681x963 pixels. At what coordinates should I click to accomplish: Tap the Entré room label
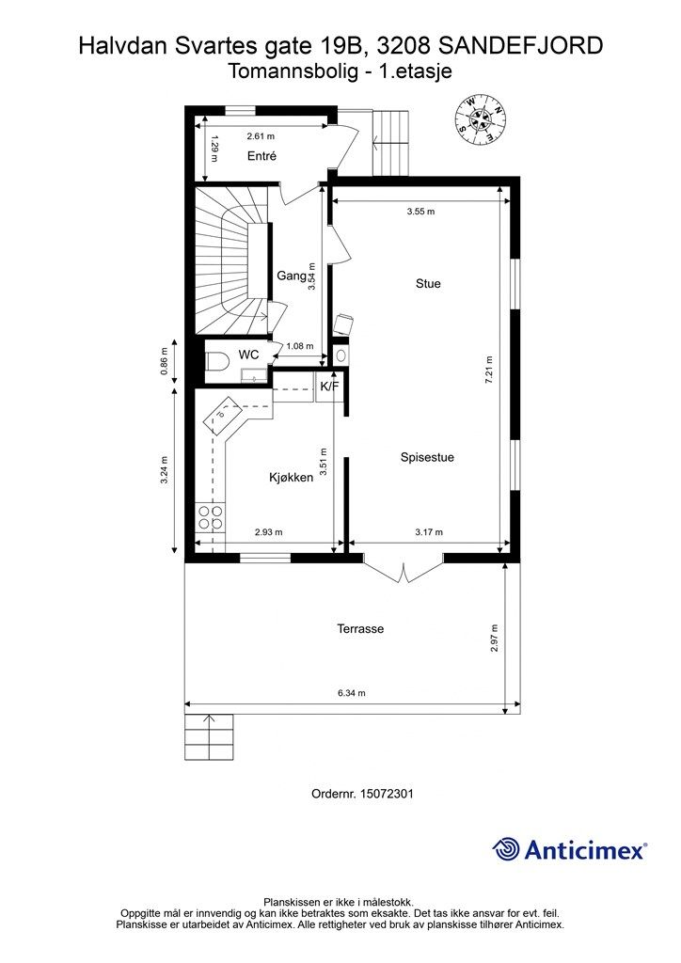click(261, 157)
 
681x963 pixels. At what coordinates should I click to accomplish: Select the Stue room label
click(428, 283)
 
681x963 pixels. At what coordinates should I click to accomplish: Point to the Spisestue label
click(427, 458)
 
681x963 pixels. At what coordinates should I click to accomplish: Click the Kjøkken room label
click(291, 478)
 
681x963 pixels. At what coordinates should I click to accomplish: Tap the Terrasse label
click(360, 629)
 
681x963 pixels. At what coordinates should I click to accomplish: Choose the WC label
click(248, 355)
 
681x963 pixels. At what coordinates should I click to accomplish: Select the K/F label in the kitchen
click(330, 387)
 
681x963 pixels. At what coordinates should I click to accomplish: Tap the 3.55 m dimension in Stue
click(420, 212)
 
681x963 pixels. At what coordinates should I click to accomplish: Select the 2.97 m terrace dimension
click(495, 639)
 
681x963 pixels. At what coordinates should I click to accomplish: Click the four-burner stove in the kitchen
click(209, 517)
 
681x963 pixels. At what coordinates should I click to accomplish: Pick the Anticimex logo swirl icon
click(507, 849)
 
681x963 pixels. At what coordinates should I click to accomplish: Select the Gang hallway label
click(291, 276)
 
